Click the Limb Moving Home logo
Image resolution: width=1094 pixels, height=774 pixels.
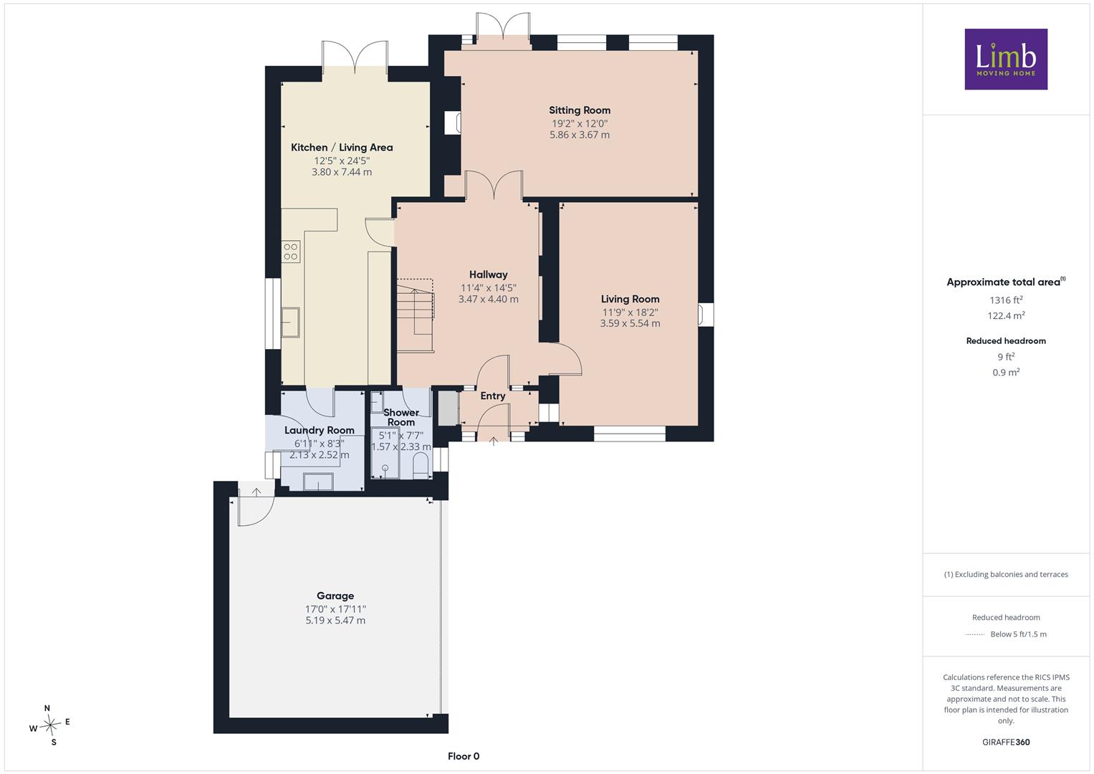tap(1006, 59)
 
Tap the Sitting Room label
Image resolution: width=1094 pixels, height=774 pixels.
tap(579, 110)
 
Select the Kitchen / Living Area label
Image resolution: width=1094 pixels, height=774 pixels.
tap(342, 148)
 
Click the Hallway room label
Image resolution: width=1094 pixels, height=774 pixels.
tap(489, 274)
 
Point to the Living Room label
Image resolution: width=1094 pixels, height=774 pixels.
tap(630, 299)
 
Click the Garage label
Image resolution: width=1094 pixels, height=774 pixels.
tap(335, 596)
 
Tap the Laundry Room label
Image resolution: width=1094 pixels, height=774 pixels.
tap(320, 431)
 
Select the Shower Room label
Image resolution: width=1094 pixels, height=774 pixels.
tap(401, 417)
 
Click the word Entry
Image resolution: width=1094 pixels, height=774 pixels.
tap(493, 396)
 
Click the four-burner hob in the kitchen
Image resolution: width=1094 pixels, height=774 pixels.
tap(291, 252)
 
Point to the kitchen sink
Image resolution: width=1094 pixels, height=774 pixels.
tap(291, 322)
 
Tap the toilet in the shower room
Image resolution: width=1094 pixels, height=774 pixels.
tap(421, 466)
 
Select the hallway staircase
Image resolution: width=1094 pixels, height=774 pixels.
tap(415, 315)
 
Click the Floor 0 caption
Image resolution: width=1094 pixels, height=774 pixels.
tap(464, 756)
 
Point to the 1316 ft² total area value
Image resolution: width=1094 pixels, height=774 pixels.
tap(1006, 300)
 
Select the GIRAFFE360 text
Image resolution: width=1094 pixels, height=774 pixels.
tap(1006, 742)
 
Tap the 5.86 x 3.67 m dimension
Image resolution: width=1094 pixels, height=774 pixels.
tap(580, 135)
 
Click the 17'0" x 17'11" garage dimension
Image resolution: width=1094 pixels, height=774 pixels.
tap(335, 609)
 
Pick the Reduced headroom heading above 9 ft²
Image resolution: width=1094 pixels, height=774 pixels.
tap(1006, 341)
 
